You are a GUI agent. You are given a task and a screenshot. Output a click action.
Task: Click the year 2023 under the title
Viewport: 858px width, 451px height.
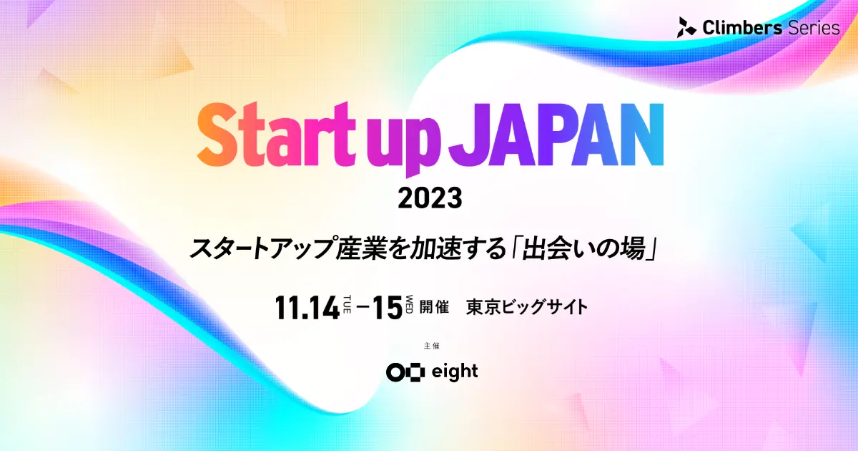430,198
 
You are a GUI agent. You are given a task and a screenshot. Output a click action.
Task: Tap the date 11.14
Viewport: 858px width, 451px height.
307,308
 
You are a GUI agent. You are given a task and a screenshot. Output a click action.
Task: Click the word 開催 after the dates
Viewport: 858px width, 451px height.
434,308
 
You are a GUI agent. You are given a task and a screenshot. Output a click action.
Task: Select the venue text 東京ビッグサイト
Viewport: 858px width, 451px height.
527,308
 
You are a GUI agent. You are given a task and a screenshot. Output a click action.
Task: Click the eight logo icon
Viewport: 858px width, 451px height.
405,372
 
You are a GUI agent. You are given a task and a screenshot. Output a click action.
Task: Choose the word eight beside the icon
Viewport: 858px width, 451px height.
455,372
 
